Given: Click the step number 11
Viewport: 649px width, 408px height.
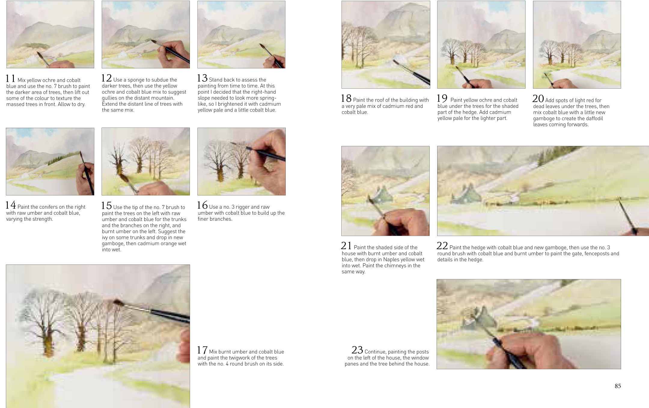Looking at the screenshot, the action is point(11,78).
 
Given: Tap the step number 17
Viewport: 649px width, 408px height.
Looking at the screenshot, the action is point(202,350).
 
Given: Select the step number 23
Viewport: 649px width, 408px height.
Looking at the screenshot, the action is point(357,350).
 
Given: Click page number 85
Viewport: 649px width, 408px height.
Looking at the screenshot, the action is point(618,386).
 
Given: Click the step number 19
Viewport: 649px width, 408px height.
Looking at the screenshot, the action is point(443,98).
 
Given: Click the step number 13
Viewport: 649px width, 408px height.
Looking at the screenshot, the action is point(203,78).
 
